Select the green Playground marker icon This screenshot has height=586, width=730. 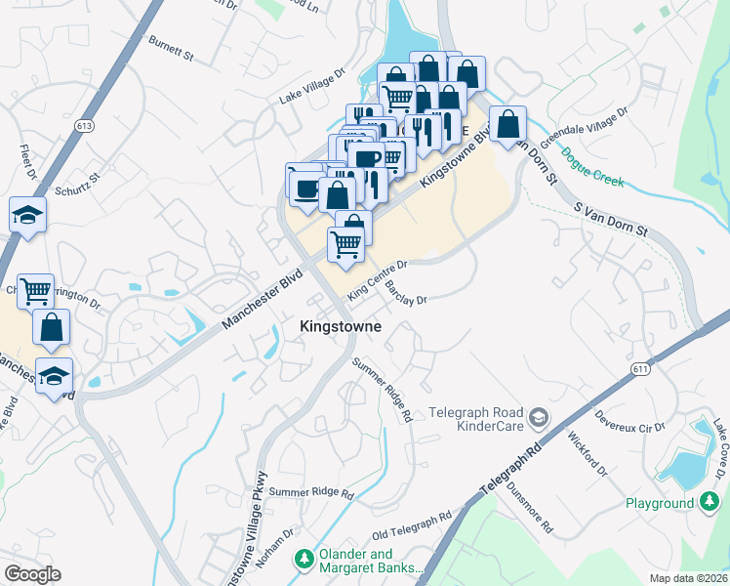tap(710, 503)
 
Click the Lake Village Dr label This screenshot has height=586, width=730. tap(312, 85)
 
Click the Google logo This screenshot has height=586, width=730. tap(31, 574)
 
